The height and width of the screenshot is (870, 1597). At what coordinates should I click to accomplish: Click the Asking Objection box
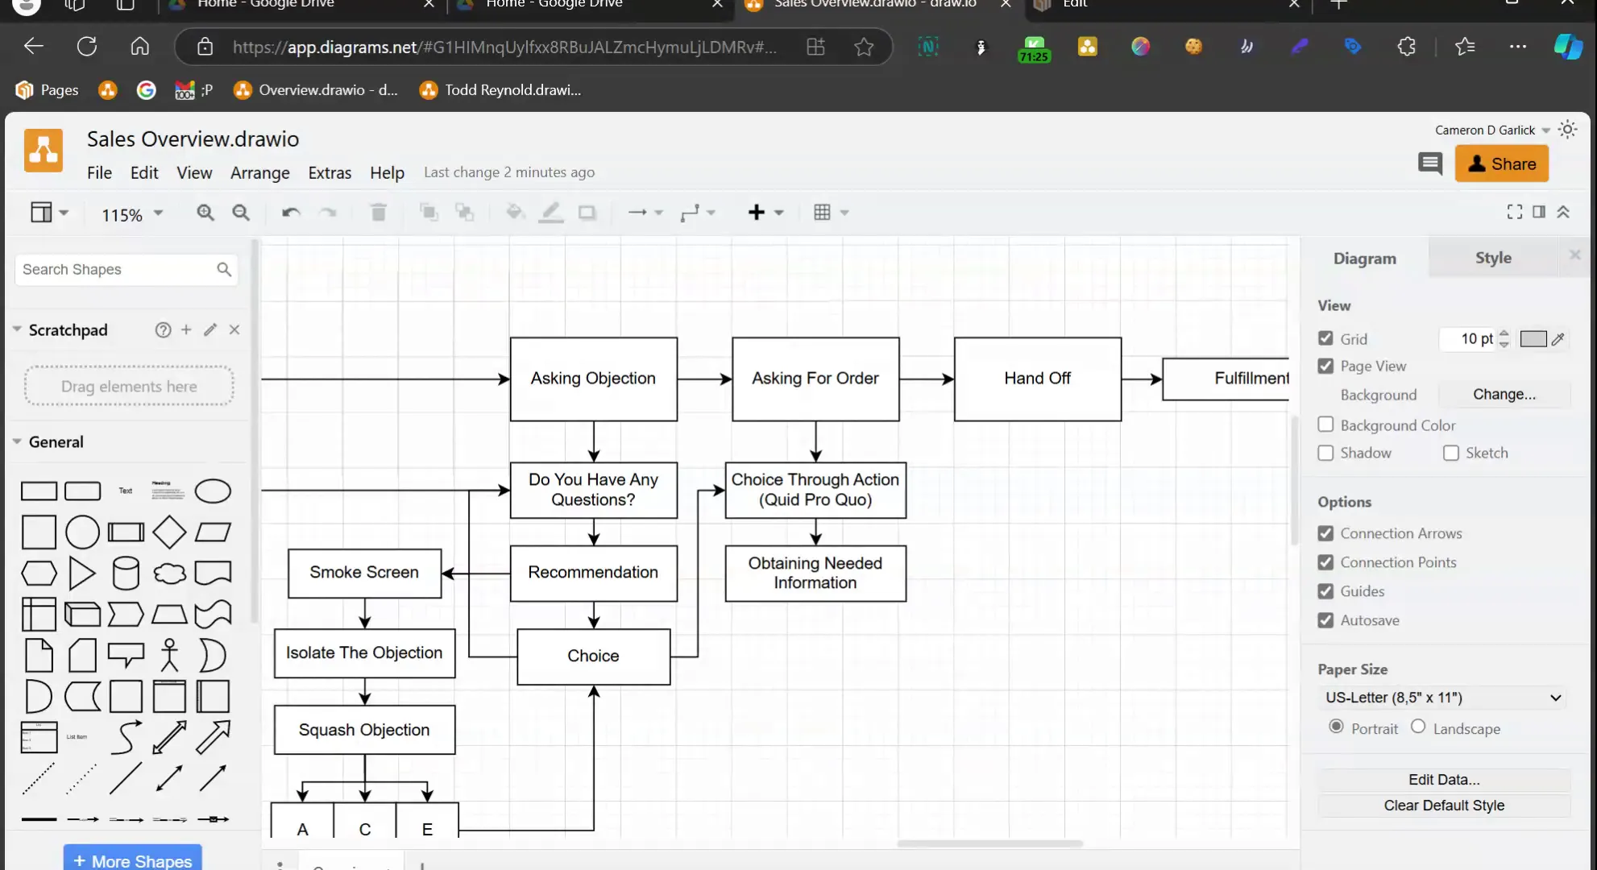point(593,379)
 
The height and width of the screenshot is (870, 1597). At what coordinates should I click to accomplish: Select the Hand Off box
point(1037,379)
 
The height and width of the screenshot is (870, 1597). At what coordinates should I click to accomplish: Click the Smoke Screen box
point(364,573)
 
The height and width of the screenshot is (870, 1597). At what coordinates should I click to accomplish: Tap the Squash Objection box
point(364,730)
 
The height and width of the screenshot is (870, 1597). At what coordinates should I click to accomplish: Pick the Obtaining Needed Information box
point(815,573)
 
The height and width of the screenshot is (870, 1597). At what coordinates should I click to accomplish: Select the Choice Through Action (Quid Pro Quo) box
point(815,490)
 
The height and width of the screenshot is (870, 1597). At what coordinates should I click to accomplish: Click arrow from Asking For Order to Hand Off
point(926,379)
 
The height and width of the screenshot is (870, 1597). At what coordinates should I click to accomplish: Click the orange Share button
point(1501,164)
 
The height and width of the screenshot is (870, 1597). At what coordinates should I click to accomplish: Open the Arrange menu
point(259,172)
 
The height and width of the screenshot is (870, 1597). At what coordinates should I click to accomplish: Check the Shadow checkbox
point(1325,453)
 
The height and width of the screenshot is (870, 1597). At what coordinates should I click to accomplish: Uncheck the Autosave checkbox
point(1325,620)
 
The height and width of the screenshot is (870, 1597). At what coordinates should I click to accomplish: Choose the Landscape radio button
point(1418,727)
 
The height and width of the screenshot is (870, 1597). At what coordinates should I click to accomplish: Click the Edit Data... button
point(1443,780)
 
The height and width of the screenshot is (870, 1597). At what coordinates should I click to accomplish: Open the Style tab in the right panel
point(1493,258)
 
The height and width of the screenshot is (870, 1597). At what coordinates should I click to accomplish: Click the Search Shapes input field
point(117,270)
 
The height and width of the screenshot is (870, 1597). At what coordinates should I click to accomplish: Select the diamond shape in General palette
point(169,532)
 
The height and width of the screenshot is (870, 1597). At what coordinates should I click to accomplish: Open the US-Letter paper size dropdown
point(1442,698)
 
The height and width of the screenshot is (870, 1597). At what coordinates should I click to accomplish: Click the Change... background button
point(1504,395)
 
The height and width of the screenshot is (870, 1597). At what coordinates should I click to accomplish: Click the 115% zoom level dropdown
point(131,214)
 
